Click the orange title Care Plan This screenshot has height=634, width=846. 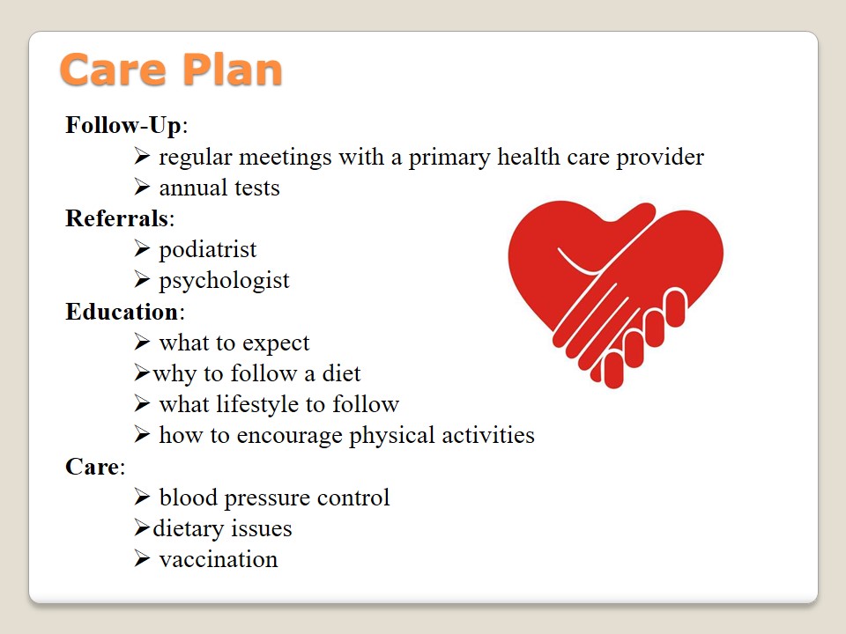coord(171,70)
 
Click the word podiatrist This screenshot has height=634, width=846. coord(208,250)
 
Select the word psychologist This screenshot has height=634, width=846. coord(224,281)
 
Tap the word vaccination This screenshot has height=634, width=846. coord(219,560)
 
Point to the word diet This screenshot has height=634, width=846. coord(341,373)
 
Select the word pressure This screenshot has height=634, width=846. coord(267,498)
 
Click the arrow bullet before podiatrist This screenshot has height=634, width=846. coord(142,248)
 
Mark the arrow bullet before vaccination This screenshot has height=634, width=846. coord(142,558)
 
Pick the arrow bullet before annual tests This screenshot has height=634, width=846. coord(142,187)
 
